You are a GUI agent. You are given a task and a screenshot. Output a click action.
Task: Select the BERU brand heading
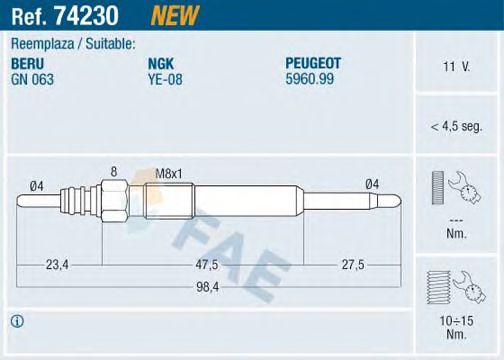pyautogui.click(x=29, y=64)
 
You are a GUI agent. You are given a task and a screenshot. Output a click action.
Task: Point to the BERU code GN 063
pyautogui.click(x=32, y=78)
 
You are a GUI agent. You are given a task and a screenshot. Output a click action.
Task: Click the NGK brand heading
pyautogui.click(x=160, y=64)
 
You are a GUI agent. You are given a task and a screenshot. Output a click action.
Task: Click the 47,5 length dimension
pyautogui.click(x=207, y=266)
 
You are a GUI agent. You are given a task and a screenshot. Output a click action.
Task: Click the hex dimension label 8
pyautogui.click(x=114, y=172)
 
